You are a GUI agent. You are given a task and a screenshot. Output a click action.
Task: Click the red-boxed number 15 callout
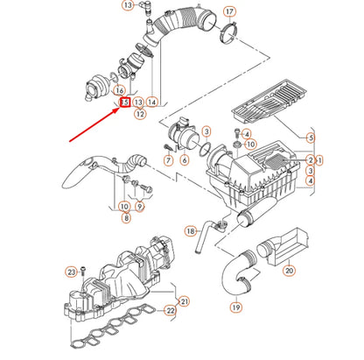click(x=125, y=102)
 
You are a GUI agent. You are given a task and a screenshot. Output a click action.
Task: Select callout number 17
click(x=229, y=11)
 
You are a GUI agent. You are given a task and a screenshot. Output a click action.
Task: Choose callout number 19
click(x=235, y=307)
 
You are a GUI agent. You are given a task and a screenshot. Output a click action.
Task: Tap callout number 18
click(x=191, y=231)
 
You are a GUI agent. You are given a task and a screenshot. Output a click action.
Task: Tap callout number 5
click(x=311, y=138)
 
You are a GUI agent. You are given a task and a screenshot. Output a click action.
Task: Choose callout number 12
click(x=139, y=114)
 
